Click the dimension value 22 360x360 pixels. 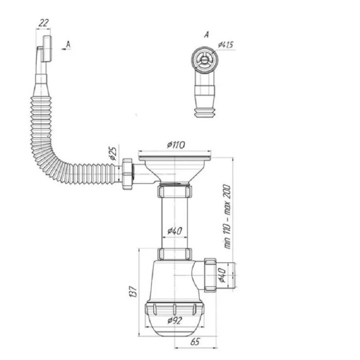(43, 23)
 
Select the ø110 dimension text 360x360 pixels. (176, 145)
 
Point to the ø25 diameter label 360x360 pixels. (113, 153)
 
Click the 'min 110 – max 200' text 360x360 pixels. (227, 216)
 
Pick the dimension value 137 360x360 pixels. (133, 292)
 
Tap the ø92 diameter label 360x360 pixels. (175, 320)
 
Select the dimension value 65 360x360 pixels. (195, 342)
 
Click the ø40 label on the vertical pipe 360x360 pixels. (175, 231)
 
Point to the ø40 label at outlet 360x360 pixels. (222, 275)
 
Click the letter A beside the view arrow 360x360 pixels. (68, 44)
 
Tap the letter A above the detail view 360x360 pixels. (207, 35)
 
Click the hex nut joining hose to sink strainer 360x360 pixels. (127, 174)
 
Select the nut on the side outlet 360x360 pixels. (210, 275)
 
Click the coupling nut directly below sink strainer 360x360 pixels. (175, 191)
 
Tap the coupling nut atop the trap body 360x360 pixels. (175, 254)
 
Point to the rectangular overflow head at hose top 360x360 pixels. (47, 49)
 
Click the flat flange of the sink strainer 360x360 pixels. (175, 158)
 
